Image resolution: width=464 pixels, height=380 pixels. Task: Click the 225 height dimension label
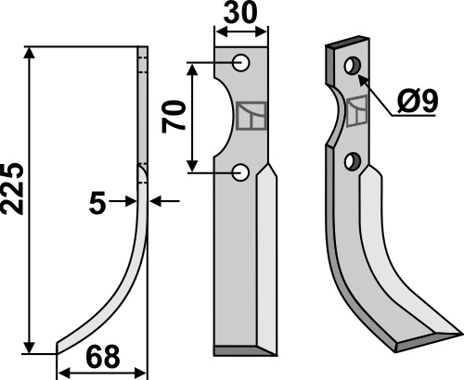tap(13, 188)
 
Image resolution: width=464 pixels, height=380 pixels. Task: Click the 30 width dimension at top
tap(240, 12)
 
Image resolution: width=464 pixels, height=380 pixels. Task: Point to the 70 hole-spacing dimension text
tap(174, 117)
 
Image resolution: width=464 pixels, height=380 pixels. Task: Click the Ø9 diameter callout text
tap(419, 101)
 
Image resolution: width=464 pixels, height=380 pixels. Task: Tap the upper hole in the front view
tap(241, 63)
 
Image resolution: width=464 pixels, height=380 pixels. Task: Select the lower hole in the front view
tap(241, 173)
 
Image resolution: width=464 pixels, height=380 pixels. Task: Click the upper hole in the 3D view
tap(353, 65)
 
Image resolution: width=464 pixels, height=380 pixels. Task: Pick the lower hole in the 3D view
tap(353, 161)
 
